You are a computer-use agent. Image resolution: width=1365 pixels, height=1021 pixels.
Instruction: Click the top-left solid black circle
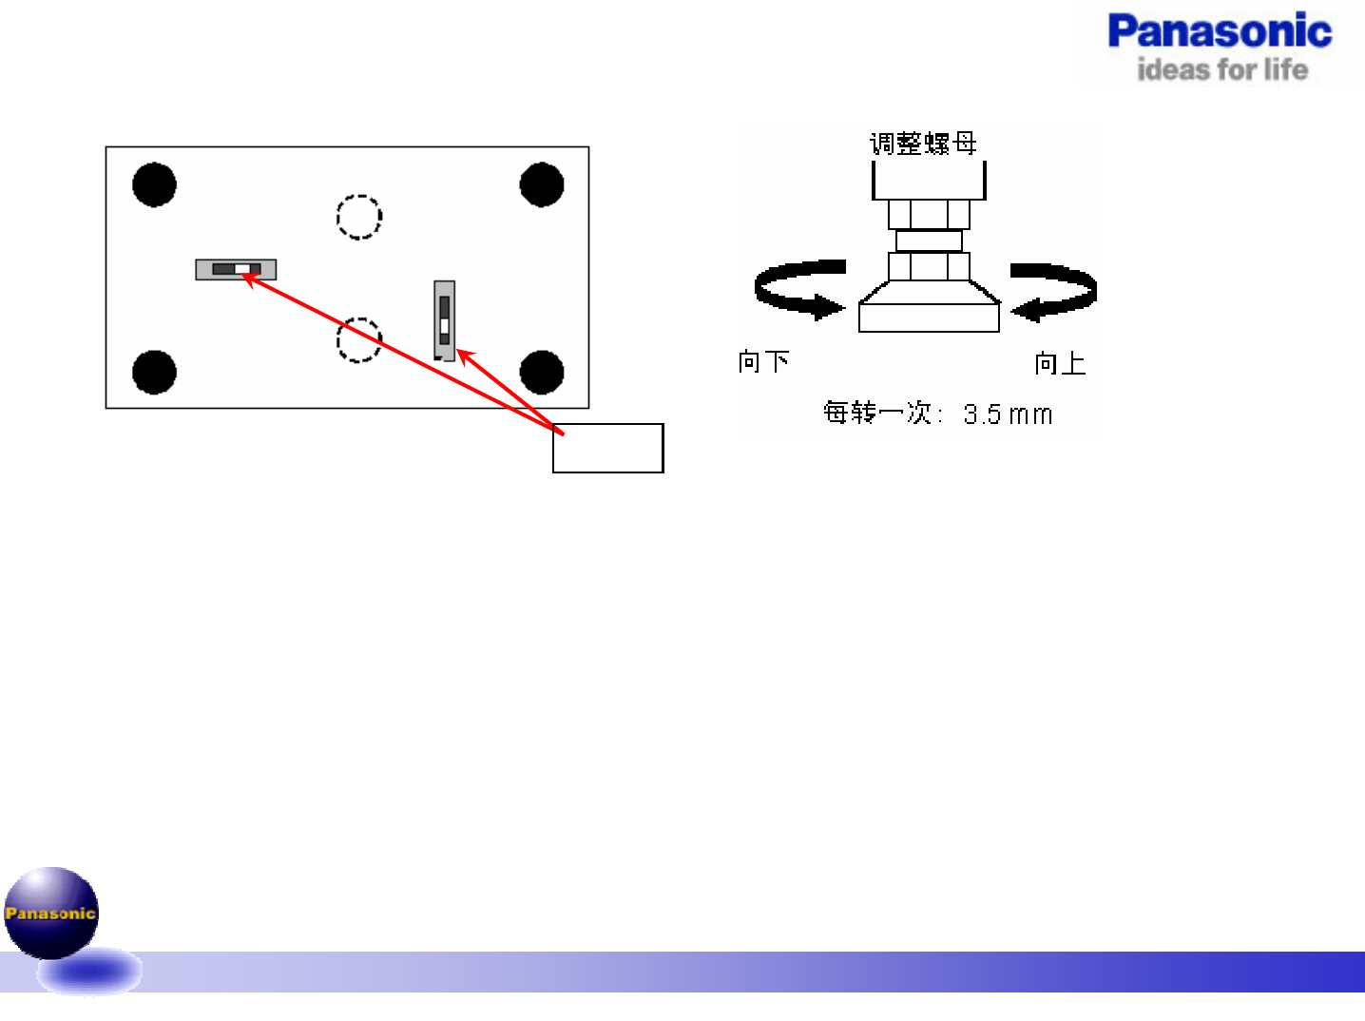pos(154,184)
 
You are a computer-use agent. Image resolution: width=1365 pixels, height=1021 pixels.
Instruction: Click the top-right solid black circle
pos(542,184)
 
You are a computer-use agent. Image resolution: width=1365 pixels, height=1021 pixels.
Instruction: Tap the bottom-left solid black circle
pos(154,372)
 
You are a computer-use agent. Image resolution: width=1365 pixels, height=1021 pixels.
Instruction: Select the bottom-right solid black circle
pos(542,372)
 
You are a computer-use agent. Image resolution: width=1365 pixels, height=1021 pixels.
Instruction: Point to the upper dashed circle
pos(359,217)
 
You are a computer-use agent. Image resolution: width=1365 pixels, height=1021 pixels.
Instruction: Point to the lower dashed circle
pos(359,339)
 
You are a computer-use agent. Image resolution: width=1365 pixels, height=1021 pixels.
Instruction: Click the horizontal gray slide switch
pos(236,269)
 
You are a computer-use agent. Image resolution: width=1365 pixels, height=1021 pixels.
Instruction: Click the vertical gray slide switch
pos(444,320)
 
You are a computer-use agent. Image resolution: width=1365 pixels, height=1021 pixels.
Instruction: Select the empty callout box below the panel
pos(608,449)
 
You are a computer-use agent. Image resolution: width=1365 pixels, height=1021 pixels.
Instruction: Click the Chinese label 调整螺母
pos(923,144)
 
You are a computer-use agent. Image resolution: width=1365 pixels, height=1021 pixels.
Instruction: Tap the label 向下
pos(763,362)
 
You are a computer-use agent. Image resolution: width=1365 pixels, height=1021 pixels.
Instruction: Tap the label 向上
pos(1060,363)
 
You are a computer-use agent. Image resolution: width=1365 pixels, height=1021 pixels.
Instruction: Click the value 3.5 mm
pos(1008,414)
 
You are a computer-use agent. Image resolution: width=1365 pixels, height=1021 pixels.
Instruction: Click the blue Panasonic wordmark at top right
pos(1220,31)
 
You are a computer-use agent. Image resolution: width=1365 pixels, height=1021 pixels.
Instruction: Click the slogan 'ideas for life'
pos(1222,69)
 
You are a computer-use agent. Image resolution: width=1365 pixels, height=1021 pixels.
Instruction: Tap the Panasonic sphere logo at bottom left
pos(51,913)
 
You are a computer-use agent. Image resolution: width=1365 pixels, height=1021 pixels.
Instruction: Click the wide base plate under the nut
pos(929,317)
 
